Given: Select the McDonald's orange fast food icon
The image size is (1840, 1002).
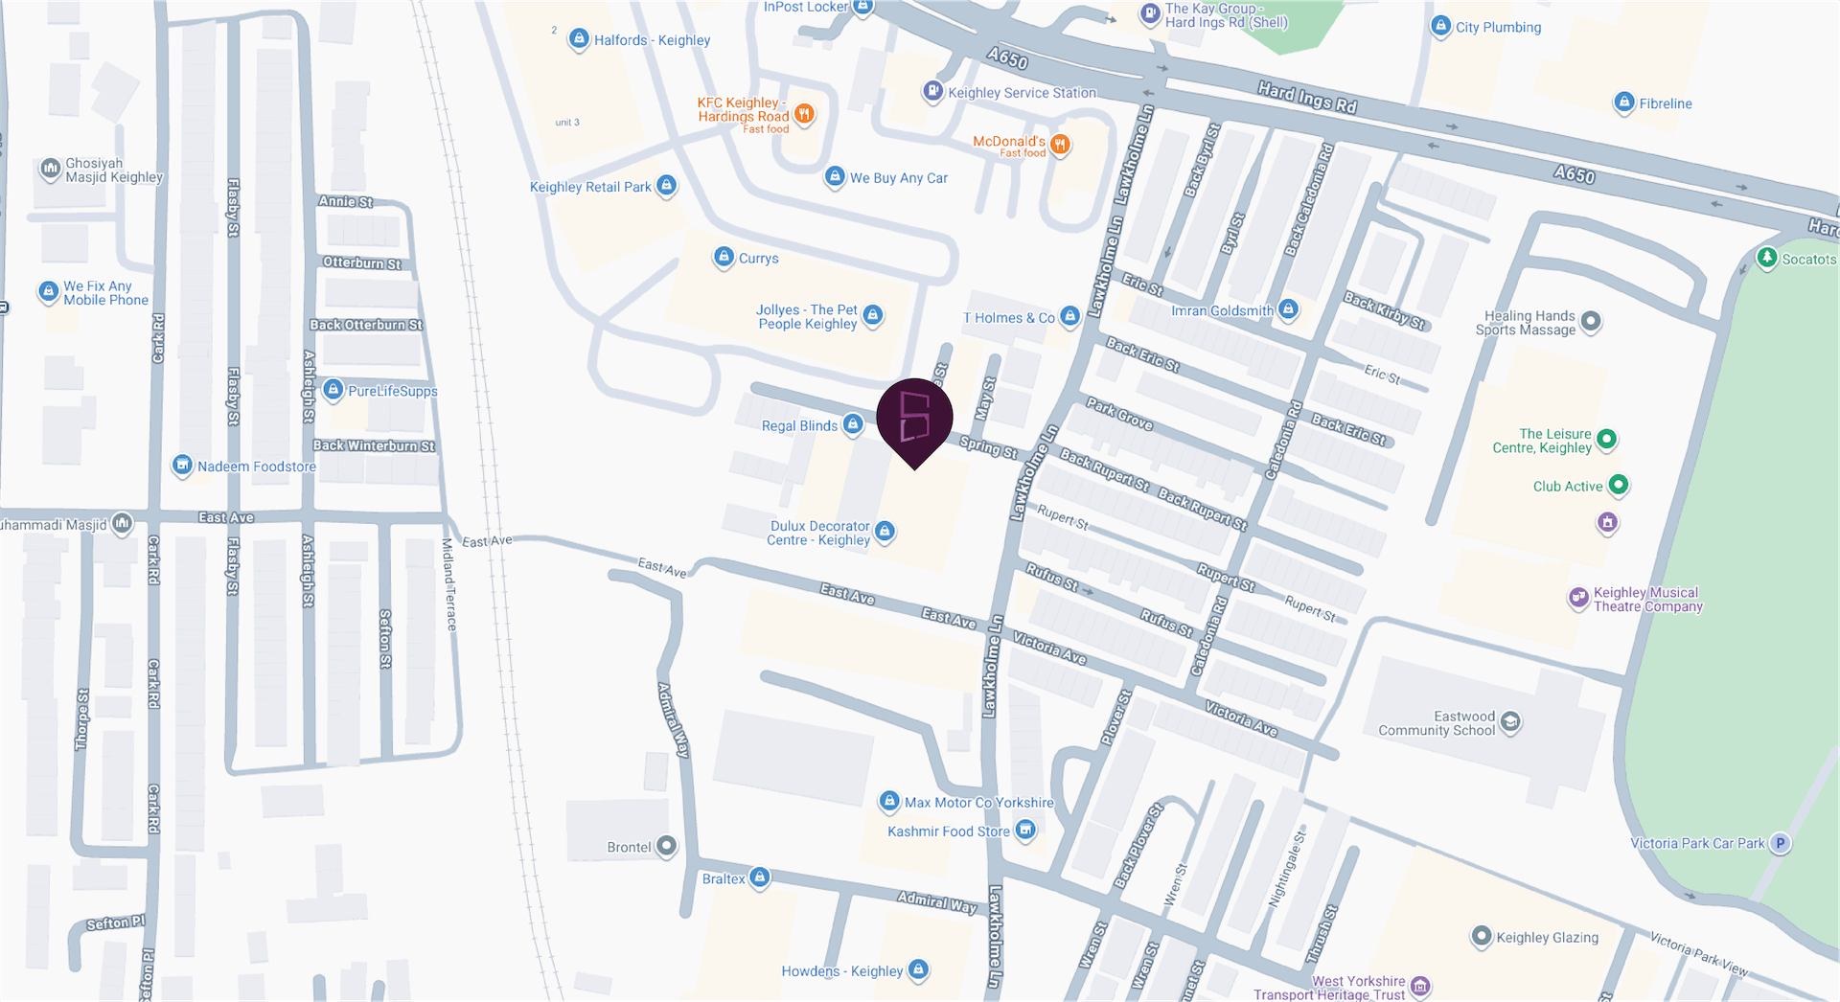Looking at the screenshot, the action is [x=1060, y=145].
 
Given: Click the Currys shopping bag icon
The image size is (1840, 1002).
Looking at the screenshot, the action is [x=724, y=258].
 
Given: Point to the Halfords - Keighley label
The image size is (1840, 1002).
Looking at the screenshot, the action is [x=652, y=40].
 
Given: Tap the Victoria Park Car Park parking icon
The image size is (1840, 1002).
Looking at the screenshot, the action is [x=1780, y=844].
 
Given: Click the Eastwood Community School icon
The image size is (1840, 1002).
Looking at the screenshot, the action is [x=1510, y=721].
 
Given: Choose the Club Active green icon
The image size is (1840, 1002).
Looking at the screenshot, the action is [x=1618, y=486].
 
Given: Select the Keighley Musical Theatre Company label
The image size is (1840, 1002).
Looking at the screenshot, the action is [x=1647, y=600].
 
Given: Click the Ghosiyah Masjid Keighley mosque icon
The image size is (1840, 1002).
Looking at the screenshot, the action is [x=50, y=170].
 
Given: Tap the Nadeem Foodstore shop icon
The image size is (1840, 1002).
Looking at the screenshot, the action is [x=182, y=466].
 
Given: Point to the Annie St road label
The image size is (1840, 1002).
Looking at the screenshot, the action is [x=345, y=202].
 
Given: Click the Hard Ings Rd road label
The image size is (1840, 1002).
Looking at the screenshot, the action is [x=1307, y=98].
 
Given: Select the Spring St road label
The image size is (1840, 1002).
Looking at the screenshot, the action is [x=988, y=446].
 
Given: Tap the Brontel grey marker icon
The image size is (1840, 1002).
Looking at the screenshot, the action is [x=666, y=847].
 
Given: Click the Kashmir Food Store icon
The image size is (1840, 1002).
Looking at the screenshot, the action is [x=1025, y=830].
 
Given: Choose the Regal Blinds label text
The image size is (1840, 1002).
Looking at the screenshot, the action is [x=799, y=426].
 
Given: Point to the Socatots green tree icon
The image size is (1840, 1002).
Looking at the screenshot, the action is [x=1767, y=258].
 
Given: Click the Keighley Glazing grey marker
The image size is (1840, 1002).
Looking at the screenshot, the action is [x=1482, y=936].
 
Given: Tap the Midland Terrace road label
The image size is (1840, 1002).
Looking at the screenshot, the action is [x=448, y=584].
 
